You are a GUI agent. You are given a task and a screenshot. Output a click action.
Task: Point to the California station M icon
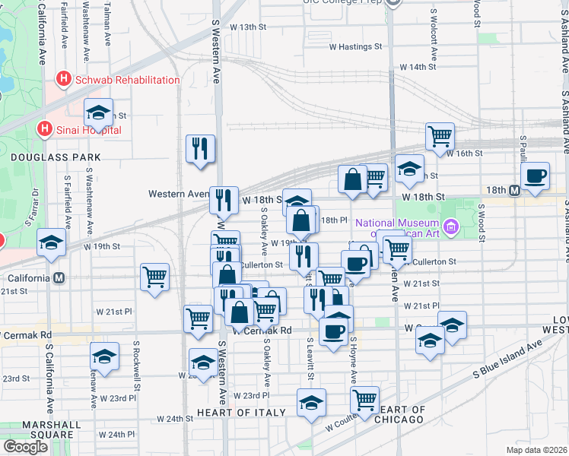(x=59, y=277)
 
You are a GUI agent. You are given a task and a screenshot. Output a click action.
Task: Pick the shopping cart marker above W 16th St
(x=440, y=136)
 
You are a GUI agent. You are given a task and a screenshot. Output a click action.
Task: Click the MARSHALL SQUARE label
(x=37, y=430)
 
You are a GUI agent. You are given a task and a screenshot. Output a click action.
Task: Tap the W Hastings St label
(x=354, y=46)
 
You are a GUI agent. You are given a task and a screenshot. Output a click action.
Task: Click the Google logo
(x=26, y=447)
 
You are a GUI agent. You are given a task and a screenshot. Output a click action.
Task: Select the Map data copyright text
(x=536, y=450)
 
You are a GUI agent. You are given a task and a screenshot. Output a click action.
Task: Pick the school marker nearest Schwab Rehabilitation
(x=99, y=113)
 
